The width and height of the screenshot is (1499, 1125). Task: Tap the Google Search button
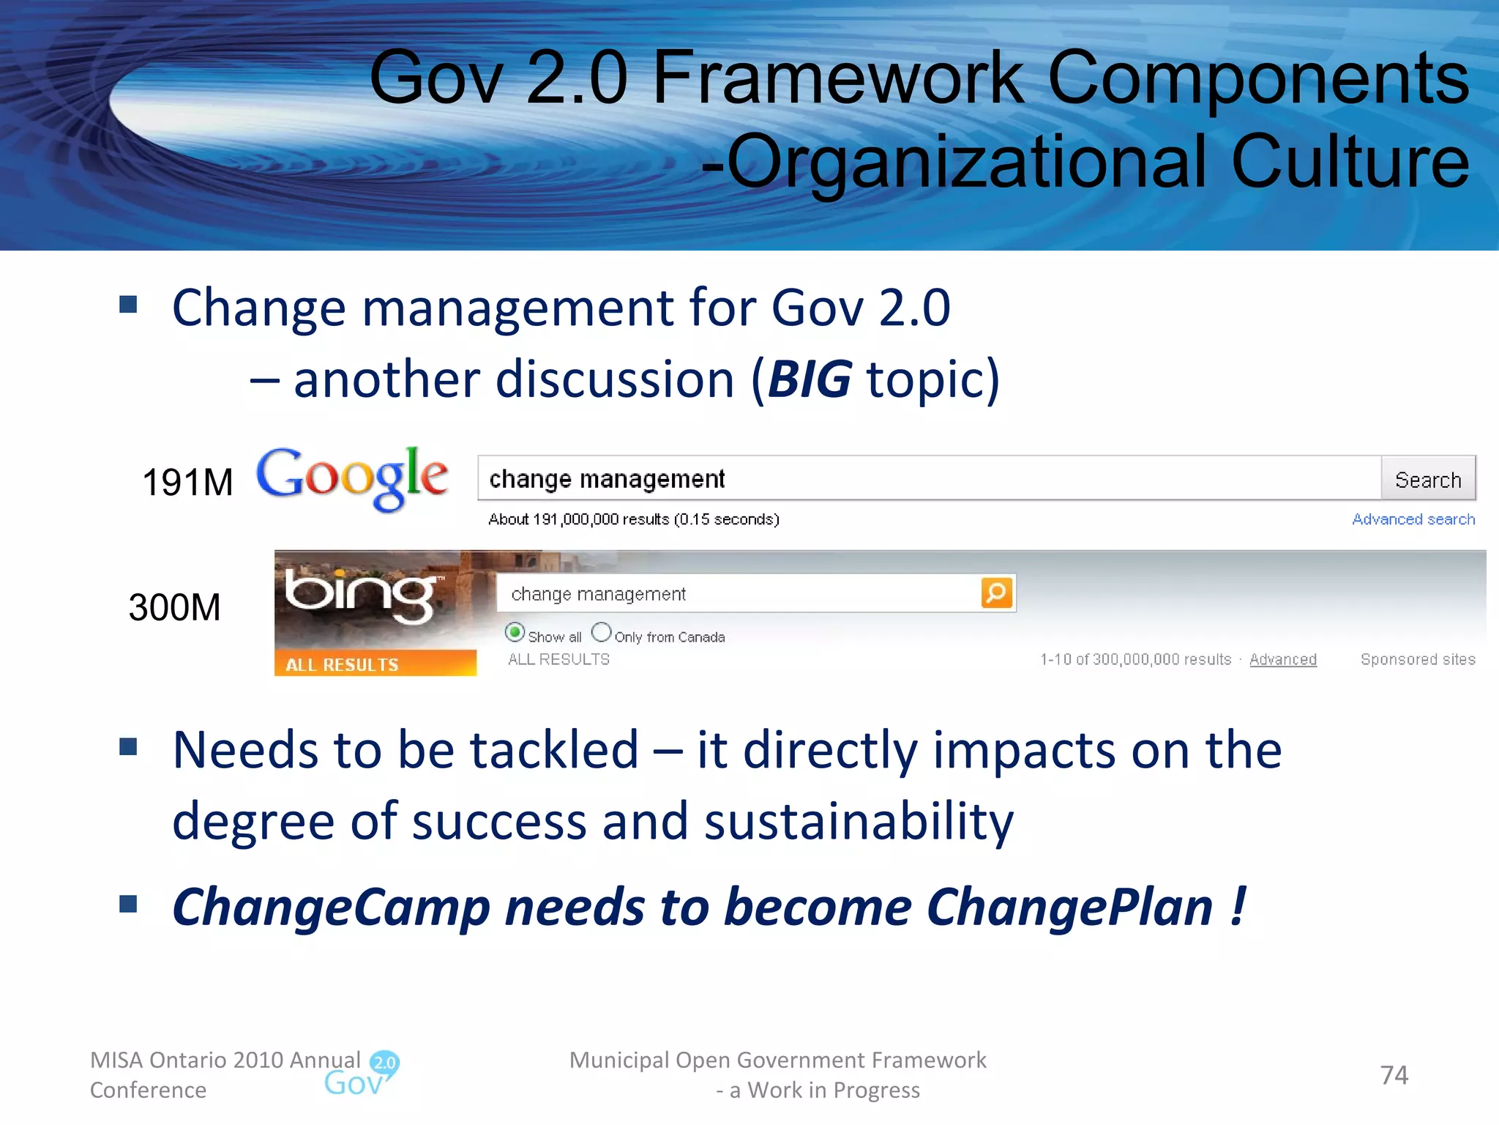(1427, 480)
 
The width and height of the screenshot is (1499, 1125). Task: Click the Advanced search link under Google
(1413, 519)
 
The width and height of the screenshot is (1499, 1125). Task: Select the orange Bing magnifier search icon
(996, 593)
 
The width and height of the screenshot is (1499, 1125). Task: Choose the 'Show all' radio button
(515, 632)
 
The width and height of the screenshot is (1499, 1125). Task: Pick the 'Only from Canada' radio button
(601, 632)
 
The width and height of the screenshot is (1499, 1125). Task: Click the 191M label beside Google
(187, 483)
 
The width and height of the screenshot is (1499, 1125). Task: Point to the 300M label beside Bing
(174, 607)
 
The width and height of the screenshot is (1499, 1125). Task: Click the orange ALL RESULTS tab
(375, 664)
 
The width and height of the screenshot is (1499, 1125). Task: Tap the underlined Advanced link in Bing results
(1282, 659)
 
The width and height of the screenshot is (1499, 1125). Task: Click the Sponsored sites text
(1417, 659)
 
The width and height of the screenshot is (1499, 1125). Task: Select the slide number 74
(1394, 1074)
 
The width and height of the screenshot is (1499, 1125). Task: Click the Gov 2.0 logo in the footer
(362, 1074)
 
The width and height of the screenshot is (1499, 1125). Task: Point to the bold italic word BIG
(809, 379)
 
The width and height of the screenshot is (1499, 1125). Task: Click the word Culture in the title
(1350, 162)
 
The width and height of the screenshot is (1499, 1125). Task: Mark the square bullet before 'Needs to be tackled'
(129, 746)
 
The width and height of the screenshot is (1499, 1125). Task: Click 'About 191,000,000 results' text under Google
(633, 519)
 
